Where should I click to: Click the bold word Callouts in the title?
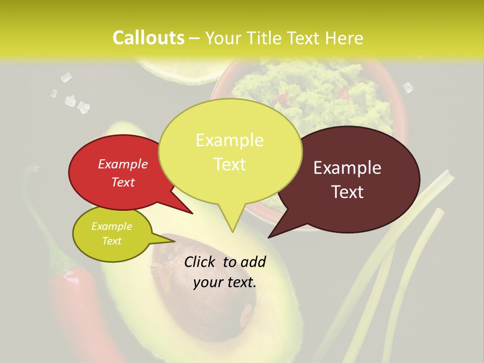(x=148, y=38)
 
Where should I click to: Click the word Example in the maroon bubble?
(x=347, y=168)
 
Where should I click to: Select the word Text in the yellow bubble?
(x=230, y=164)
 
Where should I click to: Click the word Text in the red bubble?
(x=123, y=183)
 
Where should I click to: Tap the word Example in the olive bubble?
(x=112, y=226)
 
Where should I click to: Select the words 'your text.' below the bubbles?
(x=225, y=282)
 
